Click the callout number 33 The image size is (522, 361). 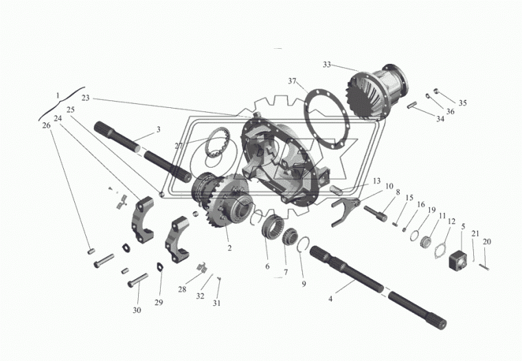pyautogui.click(x=327, y=65)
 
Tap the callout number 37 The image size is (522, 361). pyautogui.click(x=292, y=81)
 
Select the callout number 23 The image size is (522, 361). pyautogui.click(x=85, y=98)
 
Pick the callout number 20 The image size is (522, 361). pyautogui.click(x=487, y=241)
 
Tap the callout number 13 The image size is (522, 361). pyautogui.click(x=376, y=181)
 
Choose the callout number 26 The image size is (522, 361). pyautogui.click(x=46, y=125)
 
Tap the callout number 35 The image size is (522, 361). pyautogui.click(x=462, y=103)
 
